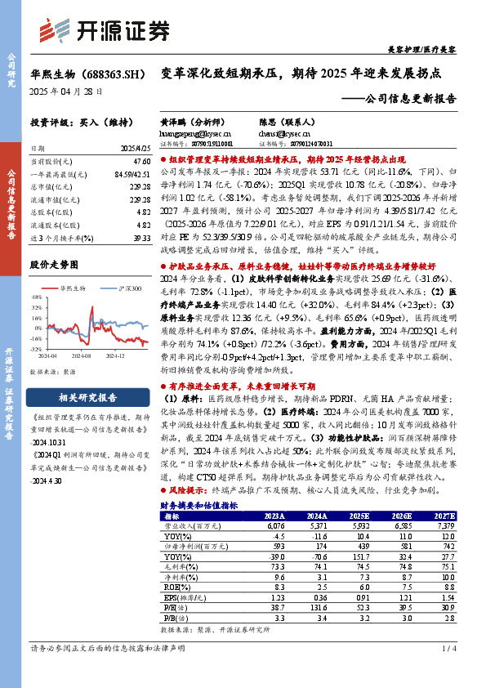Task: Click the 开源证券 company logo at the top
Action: [x=114, y=29]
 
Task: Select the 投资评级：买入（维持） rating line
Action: [x=74, y=123]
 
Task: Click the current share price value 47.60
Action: [x=140, y=163]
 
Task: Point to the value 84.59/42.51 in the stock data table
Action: [x=132, y=174]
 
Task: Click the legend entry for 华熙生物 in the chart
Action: [x=73, y=288]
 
